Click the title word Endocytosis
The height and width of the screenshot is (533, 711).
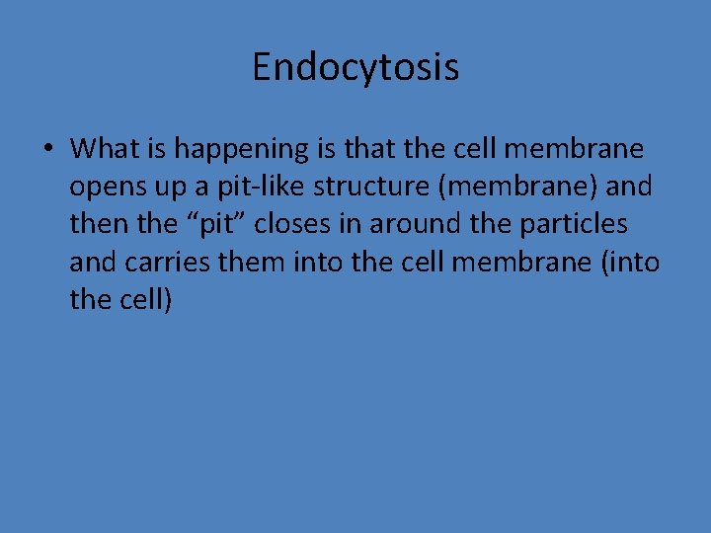(355, 67)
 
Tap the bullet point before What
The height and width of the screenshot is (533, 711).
(47, 150)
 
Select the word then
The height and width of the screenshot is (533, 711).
(98, 224)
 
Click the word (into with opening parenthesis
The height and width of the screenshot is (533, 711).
(632, 262)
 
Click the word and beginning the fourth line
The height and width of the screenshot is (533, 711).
(92, 262)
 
